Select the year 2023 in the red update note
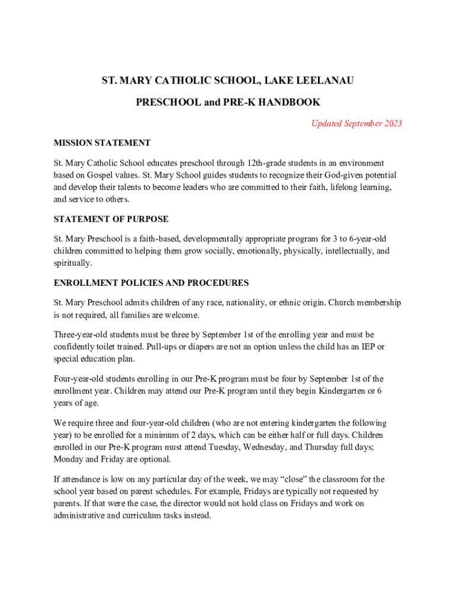coord(391,124)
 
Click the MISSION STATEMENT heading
coord(102,143)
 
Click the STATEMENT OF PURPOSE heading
coord(111,219)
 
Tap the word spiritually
coord(72,263)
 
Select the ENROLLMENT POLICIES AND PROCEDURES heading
coord(151,283)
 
